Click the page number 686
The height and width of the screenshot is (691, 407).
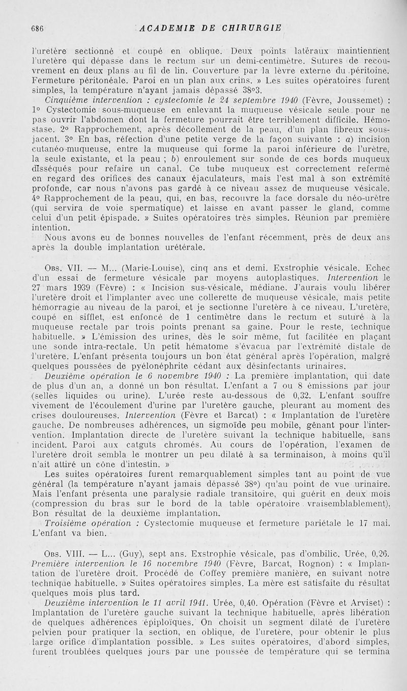click(x=37, y=29)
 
